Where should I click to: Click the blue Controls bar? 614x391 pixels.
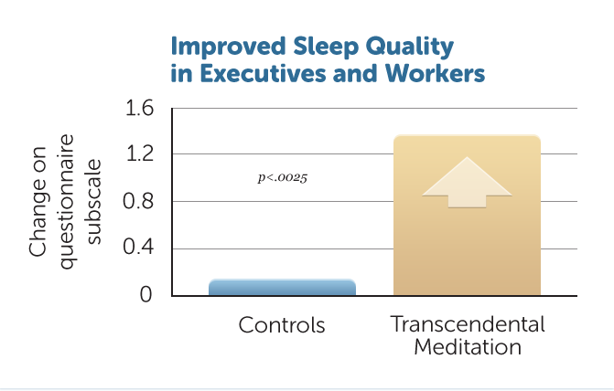tap(282, 288)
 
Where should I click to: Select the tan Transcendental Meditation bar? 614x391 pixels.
tap(468, 215)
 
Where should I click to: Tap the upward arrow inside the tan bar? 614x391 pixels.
tap(468, 182)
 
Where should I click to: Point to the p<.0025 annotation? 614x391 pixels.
tap(283, 178)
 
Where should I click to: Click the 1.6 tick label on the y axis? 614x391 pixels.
tap(139, 108)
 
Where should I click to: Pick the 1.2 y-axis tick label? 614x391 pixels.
tap(139, 154)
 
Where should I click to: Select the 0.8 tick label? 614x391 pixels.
tap(138, 201)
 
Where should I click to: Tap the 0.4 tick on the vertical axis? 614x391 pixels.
tap(138, 248)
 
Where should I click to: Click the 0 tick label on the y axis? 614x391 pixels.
tap(145, 294)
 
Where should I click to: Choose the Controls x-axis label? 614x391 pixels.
tap(282, 325)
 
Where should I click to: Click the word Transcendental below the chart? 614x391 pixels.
tap(468, 323)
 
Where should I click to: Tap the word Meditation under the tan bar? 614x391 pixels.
tap(468, 347)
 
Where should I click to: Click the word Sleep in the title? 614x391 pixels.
tap(326, 47)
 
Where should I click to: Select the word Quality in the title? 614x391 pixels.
tap(410, 48)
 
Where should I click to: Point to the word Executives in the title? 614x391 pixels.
tap(263, 73)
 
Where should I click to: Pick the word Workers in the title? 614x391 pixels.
tap(435, 73)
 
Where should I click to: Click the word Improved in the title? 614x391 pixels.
tap(228, 47)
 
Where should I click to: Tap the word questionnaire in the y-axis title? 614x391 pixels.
tap(68, 202)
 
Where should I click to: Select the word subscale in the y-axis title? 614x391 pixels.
tap(94, 202)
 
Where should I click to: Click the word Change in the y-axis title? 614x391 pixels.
tap(38, 202)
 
